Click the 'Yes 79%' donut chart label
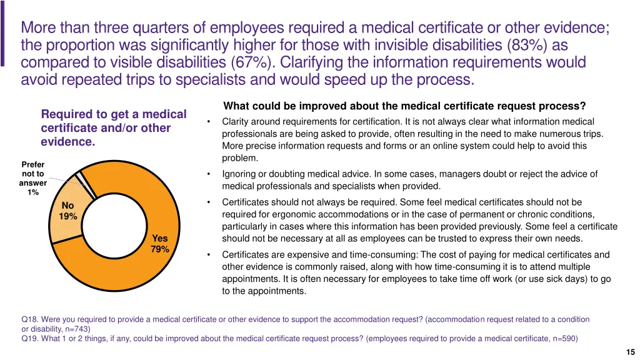click(x=160, y=244)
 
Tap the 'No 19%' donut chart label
click(x=68, y=211)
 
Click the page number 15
click(x=629, y=351)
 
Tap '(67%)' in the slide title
click(x=249, y=63)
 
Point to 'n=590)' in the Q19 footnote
click(x=564, y=339)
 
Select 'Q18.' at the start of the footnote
click(x=29, y=319)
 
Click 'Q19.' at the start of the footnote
click(x=29, y=339)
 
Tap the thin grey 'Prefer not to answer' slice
click(x=81, y=178)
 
